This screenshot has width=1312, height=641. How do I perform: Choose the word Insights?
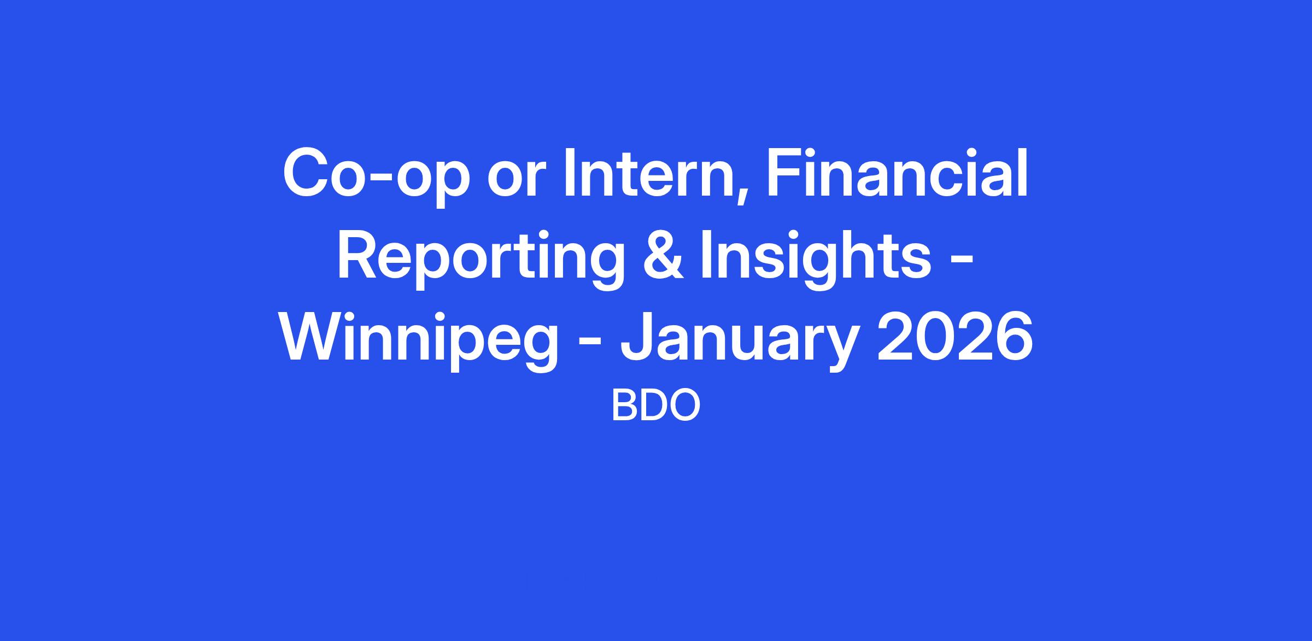pos(816,260)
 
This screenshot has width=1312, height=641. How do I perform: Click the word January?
pos(737,342)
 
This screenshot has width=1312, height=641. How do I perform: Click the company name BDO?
pos(655,405)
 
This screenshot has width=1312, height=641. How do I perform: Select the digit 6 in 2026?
pos(1014,336)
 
